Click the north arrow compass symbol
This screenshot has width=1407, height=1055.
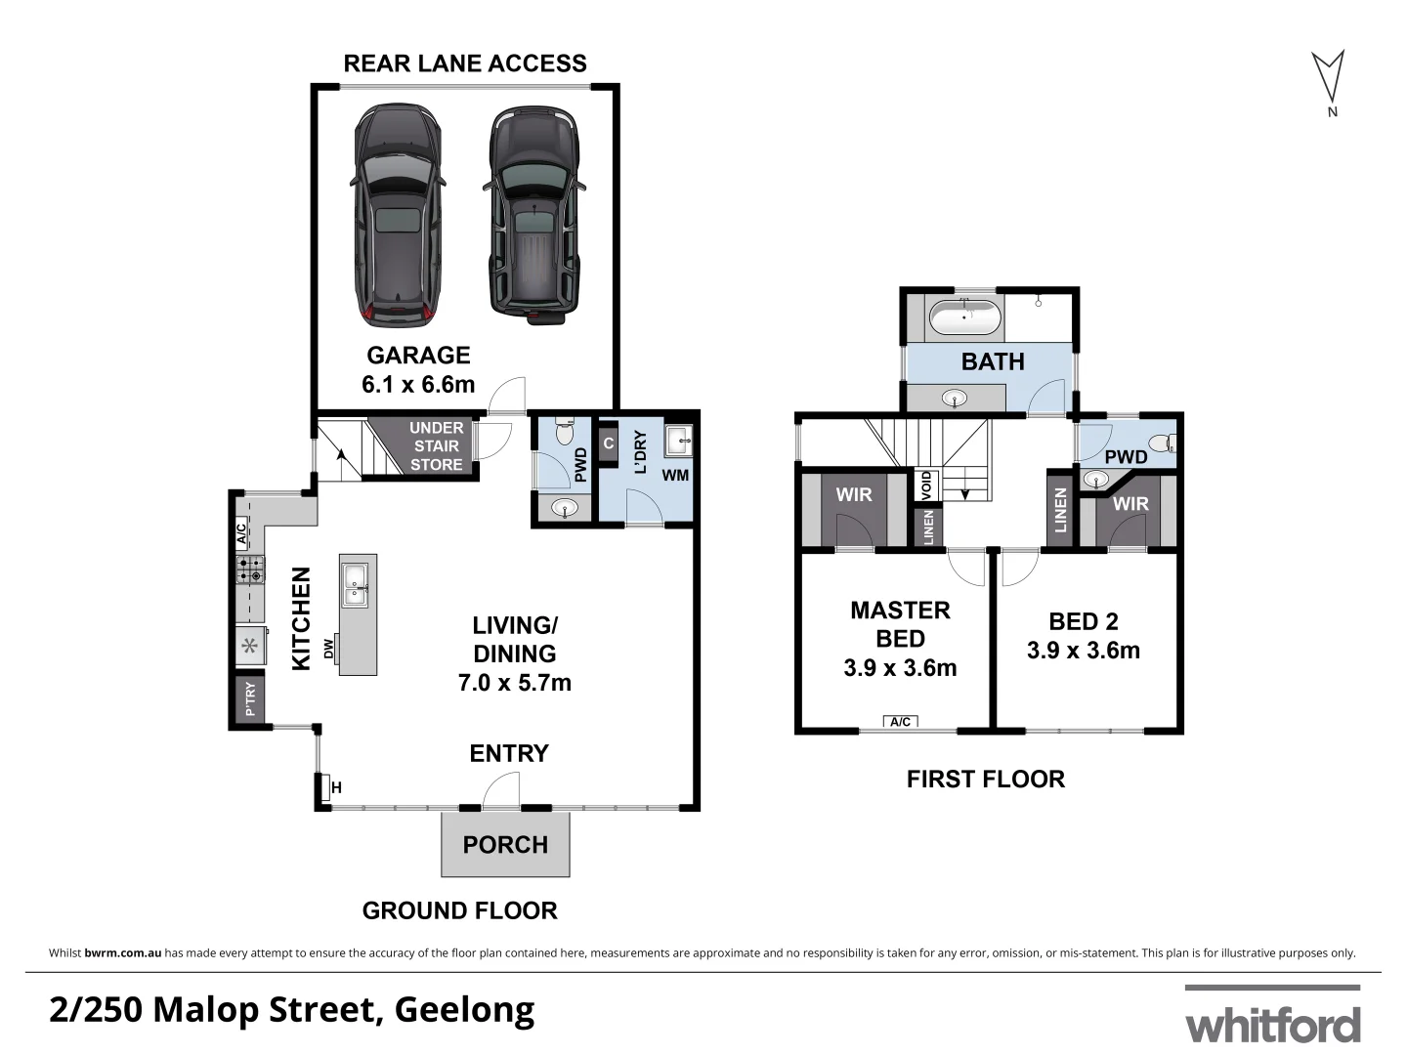(1327, 78)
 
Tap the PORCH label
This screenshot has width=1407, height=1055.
(505, 845)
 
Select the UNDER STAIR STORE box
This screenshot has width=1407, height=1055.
(436, 446)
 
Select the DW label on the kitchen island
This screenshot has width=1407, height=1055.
(330, 649)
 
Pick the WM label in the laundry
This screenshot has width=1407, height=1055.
(675, 476)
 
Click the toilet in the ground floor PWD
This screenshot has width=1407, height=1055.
(564, 433)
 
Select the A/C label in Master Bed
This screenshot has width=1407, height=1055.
(901, 722)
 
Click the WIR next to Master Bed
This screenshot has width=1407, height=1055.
(853, 495)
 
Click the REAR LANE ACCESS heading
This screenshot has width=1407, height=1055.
(465, 63)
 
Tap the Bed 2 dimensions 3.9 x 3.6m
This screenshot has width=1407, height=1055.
(1083, 651)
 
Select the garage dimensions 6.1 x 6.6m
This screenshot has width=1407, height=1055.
(418, 385)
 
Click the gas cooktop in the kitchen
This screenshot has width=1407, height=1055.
(250, 570)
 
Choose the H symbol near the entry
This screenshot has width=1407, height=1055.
(336, 787)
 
